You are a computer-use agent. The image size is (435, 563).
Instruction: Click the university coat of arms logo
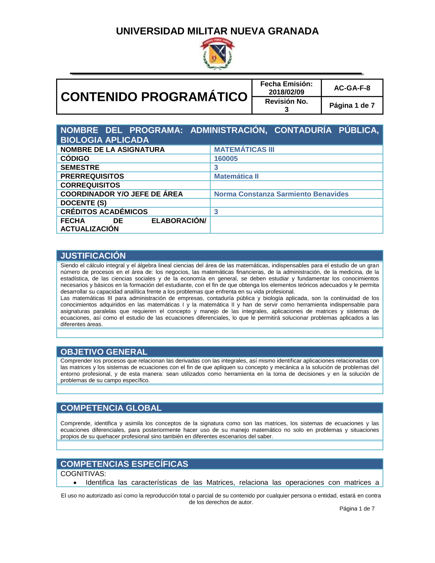point(217,54)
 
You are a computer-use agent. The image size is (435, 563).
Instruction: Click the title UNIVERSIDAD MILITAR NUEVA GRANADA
point(217,31)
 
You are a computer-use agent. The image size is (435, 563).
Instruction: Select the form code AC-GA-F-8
point(352,88)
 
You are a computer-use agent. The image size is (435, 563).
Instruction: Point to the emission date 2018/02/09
point(286,92)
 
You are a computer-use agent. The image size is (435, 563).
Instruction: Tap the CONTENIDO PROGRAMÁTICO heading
point(154,97)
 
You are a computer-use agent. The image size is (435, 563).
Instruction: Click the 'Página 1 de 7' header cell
point(352,105)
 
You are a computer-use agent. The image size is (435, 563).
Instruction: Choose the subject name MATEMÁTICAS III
point(244,150)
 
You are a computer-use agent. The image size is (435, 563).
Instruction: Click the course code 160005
point(226,159)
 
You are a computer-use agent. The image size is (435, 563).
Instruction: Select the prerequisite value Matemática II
point(236,176)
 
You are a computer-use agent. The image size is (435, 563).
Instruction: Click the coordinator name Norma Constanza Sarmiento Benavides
point(281,194)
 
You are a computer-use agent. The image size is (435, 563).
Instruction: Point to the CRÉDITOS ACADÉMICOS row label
point(104,212)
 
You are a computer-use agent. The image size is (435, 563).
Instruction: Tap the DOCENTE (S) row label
point(84,203)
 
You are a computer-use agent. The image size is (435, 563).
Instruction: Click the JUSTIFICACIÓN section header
point(93,256)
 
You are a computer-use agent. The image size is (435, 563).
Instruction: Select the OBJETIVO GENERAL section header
point(104,352)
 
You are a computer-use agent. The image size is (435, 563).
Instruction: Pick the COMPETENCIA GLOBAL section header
point(111,408)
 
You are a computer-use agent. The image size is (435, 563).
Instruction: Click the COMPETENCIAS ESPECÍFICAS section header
point(124,464)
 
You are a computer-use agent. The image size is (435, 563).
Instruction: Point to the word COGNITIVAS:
point(83,474)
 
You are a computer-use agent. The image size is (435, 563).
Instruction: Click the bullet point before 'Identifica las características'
point(75,483)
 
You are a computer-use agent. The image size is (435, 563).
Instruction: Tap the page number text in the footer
point(357,509)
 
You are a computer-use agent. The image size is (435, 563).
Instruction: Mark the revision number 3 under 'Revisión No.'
point(287,110)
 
